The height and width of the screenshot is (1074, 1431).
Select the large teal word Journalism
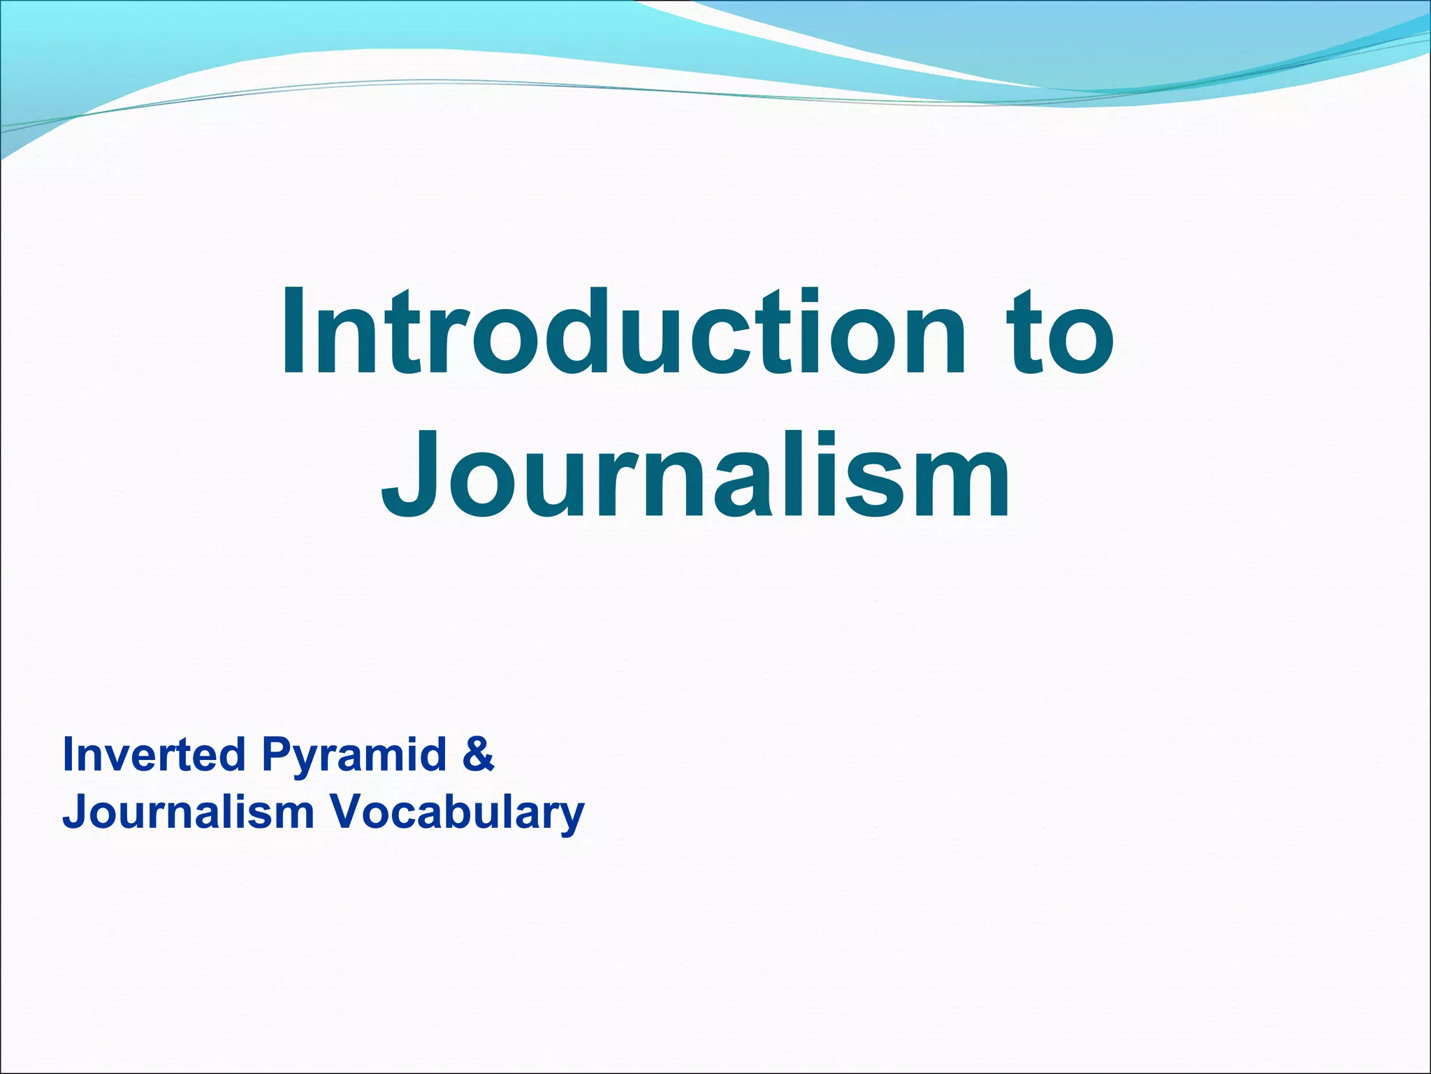pyautogui.click(x=695, y=475)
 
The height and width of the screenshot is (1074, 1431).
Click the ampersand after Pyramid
pyautogui.click(x=478, y=755)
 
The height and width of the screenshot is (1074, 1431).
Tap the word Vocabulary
pyautogui.click(x=456, y=813)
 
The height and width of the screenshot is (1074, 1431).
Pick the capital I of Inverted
pyautogui.click(x=68, y=754)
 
